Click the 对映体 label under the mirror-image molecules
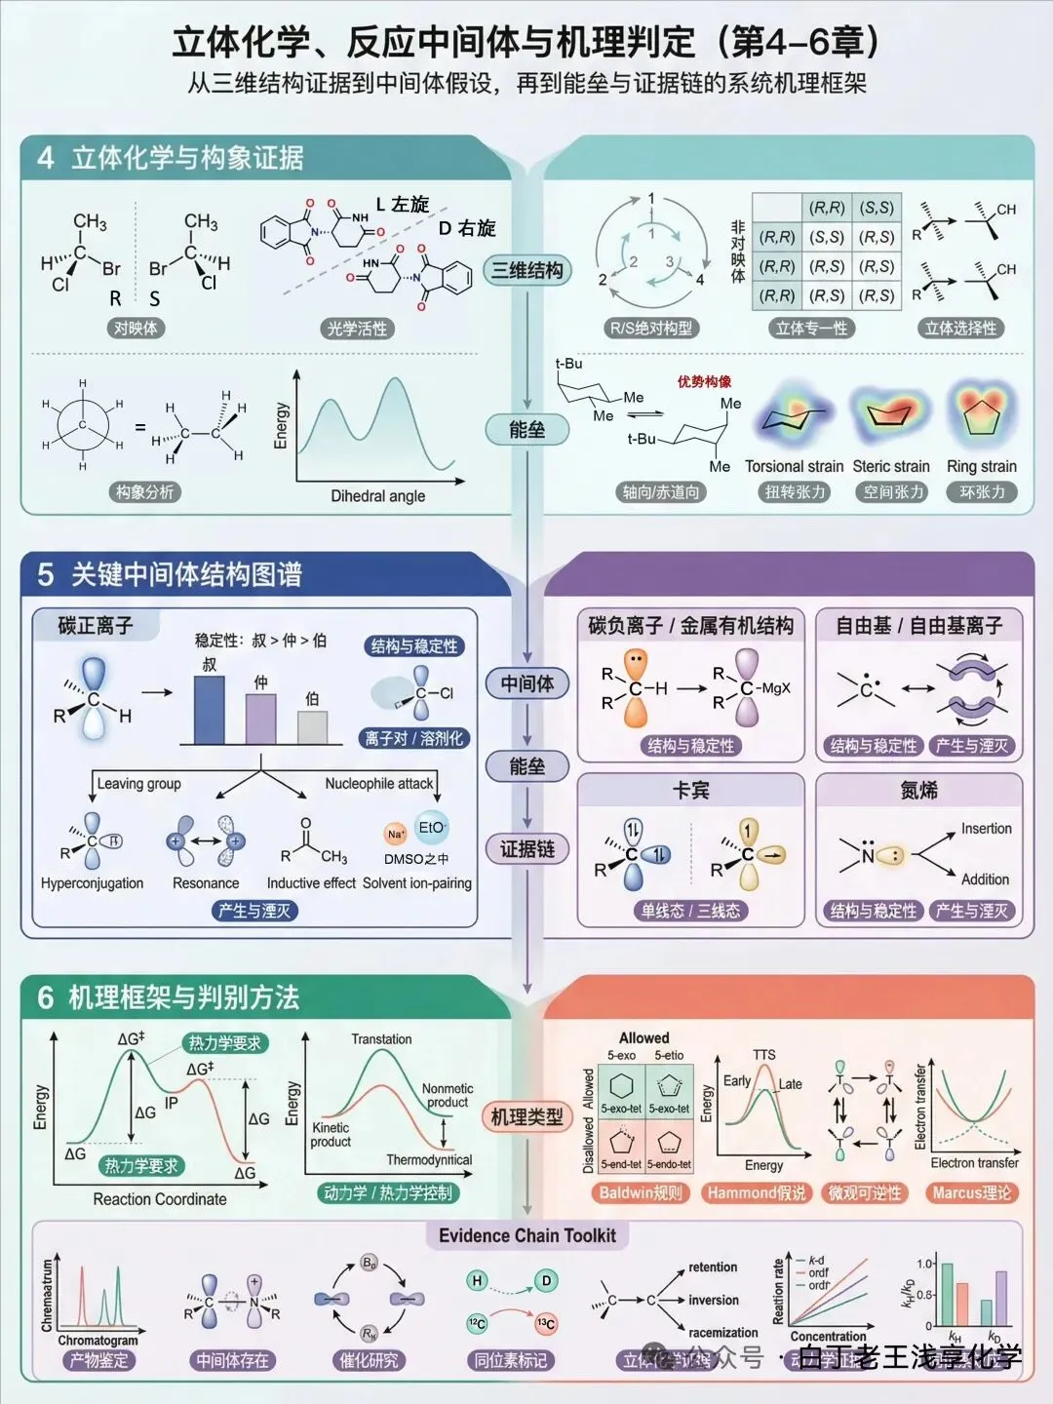tap(135, 329)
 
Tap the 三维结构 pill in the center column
tap(526, 271)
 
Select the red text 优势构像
tap(704, 381)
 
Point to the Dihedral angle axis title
tap(377, 496)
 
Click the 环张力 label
tap(982, 492)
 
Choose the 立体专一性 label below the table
tap(811, 329)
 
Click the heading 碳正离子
tap(95, 626)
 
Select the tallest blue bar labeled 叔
tap(210, 710)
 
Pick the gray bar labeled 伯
tap(312, 727)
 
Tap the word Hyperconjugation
tap(92, 883)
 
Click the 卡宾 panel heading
tap(690, 791)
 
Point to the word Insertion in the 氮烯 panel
tap(986, 829)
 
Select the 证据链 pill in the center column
tap(526, 849)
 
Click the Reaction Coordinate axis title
tap(160, 1199)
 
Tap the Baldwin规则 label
tap(640, 1192)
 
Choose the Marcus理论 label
tap(971, 1192)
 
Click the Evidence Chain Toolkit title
tap(526, 1236)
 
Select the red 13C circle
tap(545, 1323)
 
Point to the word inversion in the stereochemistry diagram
tap(714, 1301)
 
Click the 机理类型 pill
tap(526, 1117)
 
